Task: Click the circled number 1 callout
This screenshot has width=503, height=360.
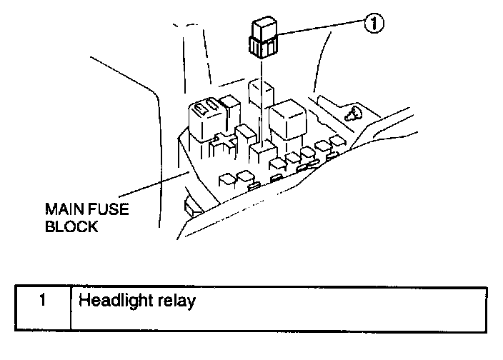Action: (372, 24)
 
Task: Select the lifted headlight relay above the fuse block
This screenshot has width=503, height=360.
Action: (262, 38)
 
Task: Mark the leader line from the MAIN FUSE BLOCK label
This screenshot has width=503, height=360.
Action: (154, 185)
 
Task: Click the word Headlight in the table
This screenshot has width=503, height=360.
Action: (109, 301)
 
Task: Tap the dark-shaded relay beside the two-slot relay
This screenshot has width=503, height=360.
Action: (231, 111)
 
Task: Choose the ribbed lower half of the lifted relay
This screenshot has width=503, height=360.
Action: (262, 49)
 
